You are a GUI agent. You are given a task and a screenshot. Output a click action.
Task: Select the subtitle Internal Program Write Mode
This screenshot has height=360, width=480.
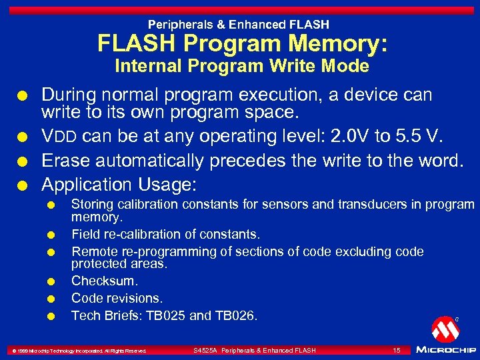[x=241, y=66]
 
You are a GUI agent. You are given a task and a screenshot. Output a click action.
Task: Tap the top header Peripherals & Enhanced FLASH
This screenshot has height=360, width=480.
[x=239, y=25]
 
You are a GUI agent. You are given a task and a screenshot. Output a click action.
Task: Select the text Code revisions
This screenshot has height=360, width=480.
[x=117, y=298]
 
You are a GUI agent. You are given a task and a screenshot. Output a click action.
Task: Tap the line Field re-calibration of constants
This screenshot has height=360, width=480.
[x=165, y=234]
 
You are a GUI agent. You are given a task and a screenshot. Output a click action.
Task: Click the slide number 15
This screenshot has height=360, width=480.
[x=396, y=350]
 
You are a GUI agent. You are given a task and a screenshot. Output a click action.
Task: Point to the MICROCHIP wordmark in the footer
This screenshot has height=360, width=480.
[x=445, y=349]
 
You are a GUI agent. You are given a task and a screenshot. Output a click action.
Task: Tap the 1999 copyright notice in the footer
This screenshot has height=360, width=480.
[x=78, y=351]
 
